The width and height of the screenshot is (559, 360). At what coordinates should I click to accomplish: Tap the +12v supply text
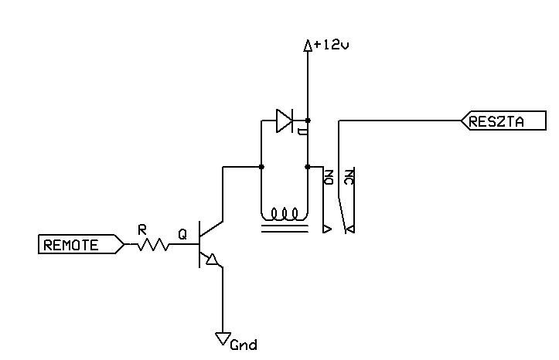(x=332, y=46)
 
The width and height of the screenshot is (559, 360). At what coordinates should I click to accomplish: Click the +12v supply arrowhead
(x=308, y=46)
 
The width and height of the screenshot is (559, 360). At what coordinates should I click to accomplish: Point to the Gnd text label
(x=244, y=345)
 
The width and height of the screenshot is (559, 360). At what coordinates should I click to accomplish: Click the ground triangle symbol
(x=223, y=338)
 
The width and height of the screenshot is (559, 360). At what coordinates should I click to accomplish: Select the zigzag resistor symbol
(x=152, y=244)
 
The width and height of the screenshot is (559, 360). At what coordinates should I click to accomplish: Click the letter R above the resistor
(x=142, y=230)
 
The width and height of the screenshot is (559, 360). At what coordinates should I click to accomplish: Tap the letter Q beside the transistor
(x=182, y=234)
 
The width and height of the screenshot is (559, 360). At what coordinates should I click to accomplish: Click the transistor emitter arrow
(x=212, y=260)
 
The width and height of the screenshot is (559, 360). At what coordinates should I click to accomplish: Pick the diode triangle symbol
(x=285, y=121)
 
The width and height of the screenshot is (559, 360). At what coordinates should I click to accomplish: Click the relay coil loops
(x=284, y=214)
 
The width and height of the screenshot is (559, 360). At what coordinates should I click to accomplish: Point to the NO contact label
(x=329, y=177)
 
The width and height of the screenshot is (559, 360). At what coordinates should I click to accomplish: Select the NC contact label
(x=349, y=177)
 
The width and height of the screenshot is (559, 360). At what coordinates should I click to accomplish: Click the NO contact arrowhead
(x=327, y=229)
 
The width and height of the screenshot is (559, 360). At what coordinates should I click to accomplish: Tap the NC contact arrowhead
(x=350, y=229)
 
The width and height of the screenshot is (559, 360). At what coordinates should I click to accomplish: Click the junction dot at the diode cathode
(x=308, y=121)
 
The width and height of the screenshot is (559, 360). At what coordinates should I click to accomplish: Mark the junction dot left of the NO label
(x=308, y=167)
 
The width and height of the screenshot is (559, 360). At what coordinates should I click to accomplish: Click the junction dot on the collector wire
(x=261, y=167)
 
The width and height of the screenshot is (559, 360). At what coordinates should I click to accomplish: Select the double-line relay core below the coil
(x=285, y=229)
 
